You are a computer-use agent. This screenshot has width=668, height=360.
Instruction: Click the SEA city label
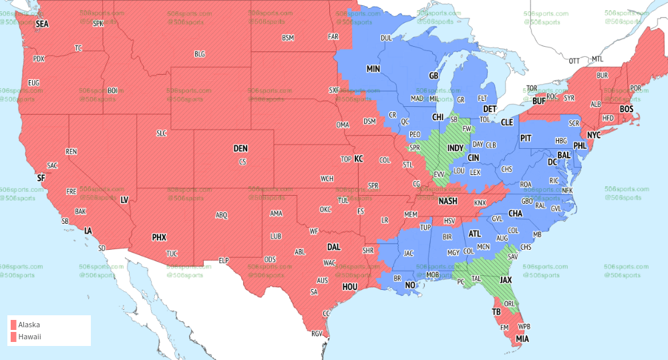(43, 23)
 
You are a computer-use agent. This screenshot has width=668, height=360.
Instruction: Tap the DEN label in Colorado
(240, 148)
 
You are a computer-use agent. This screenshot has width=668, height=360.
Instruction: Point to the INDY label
(456, 148)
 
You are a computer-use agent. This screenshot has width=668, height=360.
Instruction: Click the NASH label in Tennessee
(448, 201)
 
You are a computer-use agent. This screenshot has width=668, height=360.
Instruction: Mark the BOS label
(627, 109)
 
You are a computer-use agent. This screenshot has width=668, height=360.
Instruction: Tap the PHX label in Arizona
(159, 237)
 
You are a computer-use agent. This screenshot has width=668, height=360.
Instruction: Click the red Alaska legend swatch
(13, 325)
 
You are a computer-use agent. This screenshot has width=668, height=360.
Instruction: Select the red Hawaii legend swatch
(13, 337)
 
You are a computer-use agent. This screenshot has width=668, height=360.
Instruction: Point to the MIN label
(373, 69)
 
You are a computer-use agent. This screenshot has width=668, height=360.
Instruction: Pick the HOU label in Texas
(351, 287)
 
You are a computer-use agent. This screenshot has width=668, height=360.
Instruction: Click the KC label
(358, 159)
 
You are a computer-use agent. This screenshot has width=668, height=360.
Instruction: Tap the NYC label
(594, 135)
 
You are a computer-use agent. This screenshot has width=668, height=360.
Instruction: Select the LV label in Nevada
(124, 200)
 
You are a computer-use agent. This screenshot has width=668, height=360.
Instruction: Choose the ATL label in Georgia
(475, 234)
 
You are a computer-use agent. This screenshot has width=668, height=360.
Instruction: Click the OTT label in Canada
(574, 61)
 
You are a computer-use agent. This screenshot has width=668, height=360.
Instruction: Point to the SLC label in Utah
(161, 133)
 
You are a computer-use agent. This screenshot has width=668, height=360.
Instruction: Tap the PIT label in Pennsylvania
(526, 138)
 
